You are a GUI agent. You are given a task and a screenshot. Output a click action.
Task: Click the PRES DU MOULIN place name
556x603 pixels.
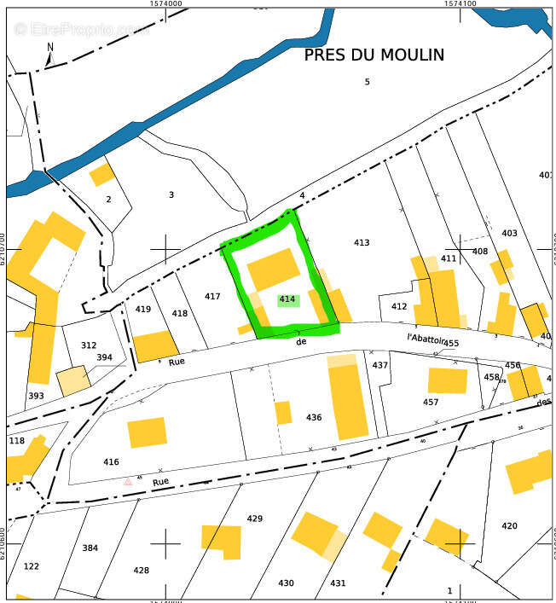pyautogui.click(x=374, y=55)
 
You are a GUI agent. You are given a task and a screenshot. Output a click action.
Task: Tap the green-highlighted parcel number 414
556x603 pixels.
pyautogui.click(x=287, y=299)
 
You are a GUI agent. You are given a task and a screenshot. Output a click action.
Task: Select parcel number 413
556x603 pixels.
pyautogui.click(x=362, y=243)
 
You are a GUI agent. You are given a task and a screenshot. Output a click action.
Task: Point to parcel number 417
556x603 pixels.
pyautogui.click(x=212, y=297)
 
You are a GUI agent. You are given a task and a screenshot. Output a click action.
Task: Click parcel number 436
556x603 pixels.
pyautogui.click(x=314, y=418)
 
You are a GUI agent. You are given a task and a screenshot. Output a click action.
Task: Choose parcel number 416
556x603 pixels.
pyautogui.click(x=111, y=462)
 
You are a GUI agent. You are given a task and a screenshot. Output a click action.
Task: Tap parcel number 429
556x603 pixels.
pyautogui.click(x=254, y=519)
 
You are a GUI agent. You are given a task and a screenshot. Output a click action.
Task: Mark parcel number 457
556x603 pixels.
pyautogui.click(x=431, y=403)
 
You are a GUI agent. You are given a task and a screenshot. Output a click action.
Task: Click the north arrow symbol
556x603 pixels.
pyautogui.click(x=50, y=55)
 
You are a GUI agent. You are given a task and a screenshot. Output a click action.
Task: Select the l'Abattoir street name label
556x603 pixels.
pyautogui.click(x=426, y=338)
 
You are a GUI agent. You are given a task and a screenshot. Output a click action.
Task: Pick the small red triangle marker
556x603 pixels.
pyautogui.click(x=128, y=482)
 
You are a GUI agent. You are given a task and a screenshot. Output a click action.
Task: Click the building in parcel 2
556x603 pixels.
pyautogui.click(x=102, y=175)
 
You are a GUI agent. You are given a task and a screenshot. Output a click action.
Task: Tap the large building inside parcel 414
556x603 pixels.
pyautogui.click(x=273, y=270)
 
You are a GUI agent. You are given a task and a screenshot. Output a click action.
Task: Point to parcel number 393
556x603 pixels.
pyautogui.click(x=36, y=396)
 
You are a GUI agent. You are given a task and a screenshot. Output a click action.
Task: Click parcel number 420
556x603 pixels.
pyautogui.click(x=509, y=526)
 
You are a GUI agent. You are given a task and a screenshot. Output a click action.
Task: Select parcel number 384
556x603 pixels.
pyautogui.click(x=90, y=548)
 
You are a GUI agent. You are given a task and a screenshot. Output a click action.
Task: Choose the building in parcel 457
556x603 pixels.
pyautogui.click(x=447, y=380)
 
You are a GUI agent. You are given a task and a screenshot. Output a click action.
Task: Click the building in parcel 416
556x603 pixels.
pyautogui.click(x=148, y=432)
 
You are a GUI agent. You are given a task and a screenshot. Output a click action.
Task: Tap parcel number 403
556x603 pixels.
pyautogui.click(x=509, y=233)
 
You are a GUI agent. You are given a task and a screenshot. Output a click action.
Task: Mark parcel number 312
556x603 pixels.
pyautogui.click(x=89, y=345)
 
